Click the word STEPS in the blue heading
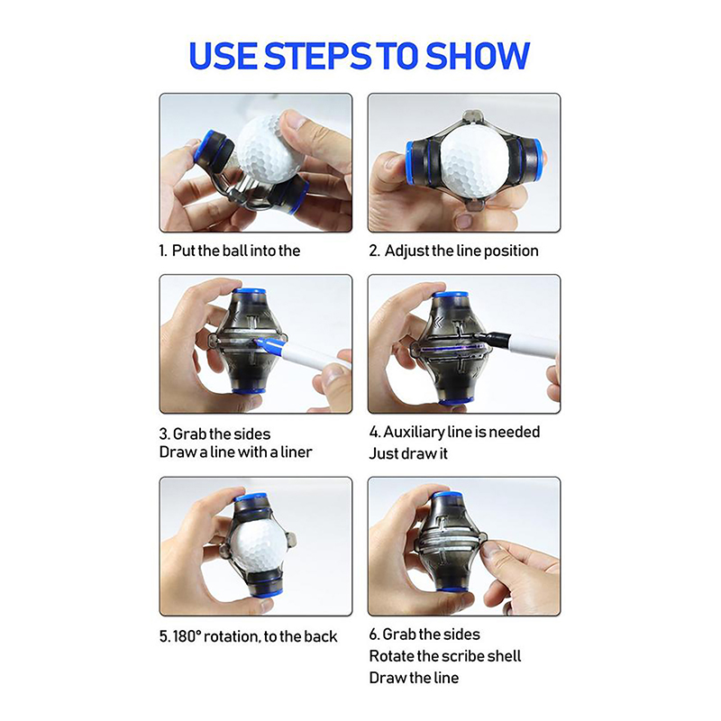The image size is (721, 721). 318,56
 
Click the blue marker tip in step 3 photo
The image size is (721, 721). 263,342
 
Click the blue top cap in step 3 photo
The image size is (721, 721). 249,292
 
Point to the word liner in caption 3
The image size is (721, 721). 297,452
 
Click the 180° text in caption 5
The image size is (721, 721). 187,636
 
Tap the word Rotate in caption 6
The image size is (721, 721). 391,656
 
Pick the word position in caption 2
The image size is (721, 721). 511,251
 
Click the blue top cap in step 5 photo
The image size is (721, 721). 251,497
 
